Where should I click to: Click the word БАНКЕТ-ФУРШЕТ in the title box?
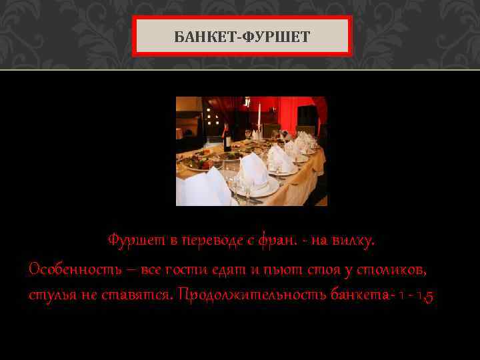tap(242, 36)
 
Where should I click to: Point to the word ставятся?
tap(141, 295)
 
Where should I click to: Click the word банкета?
tap(360, 295)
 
